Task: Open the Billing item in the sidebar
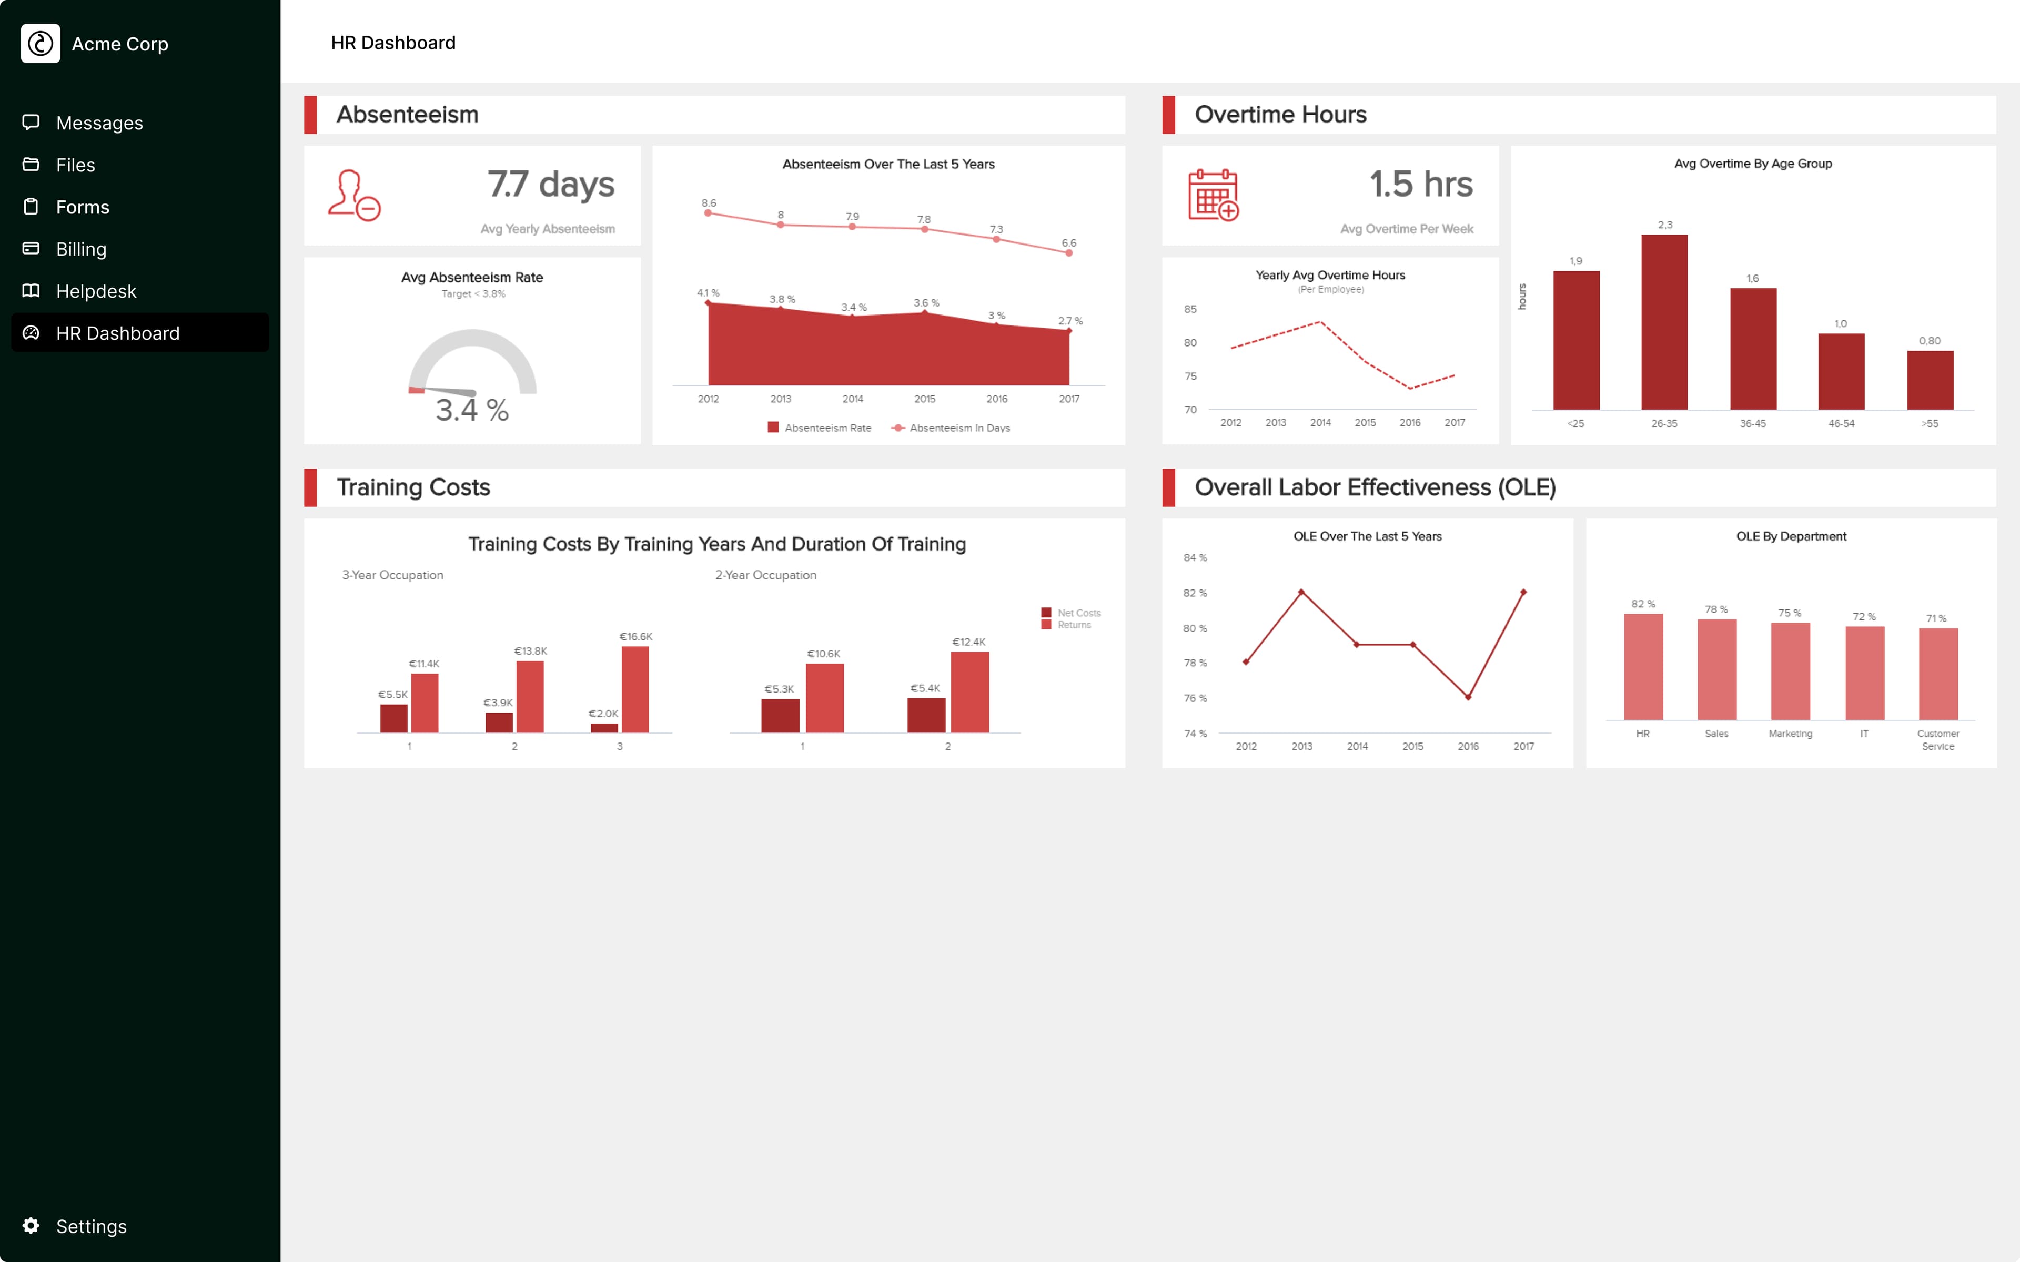[x=81, y=249]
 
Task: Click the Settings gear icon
[x=31, y=1225]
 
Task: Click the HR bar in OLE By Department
[x=1643, y=666]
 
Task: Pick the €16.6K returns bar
[x=634, y=689]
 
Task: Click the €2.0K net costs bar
[x=603, y=728]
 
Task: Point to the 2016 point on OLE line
[x=1468, y=697]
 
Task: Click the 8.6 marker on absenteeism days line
[x=708, y=213]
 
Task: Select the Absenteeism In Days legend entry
[x=958, y=428]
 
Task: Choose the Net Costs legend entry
[x=1078, y=613]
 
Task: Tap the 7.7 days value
[x=551, y=185]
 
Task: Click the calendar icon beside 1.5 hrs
[x=1213, y=195]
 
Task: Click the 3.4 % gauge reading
[x=472, y=410]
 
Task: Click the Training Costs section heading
[x=413, y=487]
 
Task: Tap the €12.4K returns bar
[x=969, y=692]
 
